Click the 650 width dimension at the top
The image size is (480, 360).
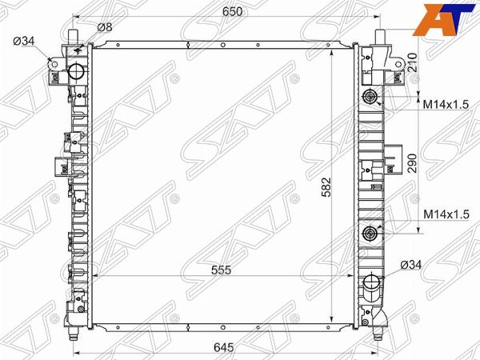point(232,12)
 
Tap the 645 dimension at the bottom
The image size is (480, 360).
point(224,347)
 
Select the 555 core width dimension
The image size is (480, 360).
point(221,270)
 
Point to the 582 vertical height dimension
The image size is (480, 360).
point(327,186)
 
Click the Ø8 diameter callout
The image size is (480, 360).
point(105,27)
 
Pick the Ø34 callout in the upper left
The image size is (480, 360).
point(24,41)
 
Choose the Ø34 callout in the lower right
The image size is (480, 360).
point(411,265)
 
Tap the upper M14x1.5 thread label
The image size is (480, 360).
point(446,105)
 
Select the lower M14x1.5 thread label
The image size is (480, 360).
point(446,214)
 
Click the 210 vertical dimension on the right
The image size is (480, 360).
point(412,62)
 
